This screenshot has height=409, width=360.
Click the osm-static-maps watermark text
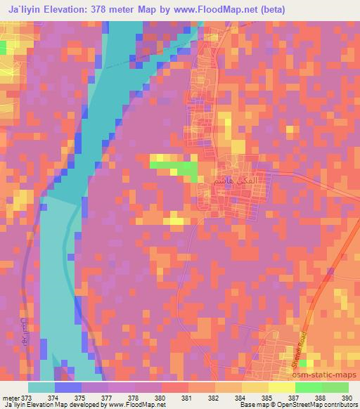click(332, 375)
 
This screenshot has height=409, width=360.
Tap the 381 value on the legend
click(187, 397)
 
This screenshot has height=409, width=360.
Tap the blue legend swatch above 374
click(68, 387)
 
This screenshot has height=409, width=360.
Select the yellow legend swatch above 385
click(255, 387)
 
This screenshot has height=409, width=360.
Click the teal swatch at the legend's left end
click(41, 387)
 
